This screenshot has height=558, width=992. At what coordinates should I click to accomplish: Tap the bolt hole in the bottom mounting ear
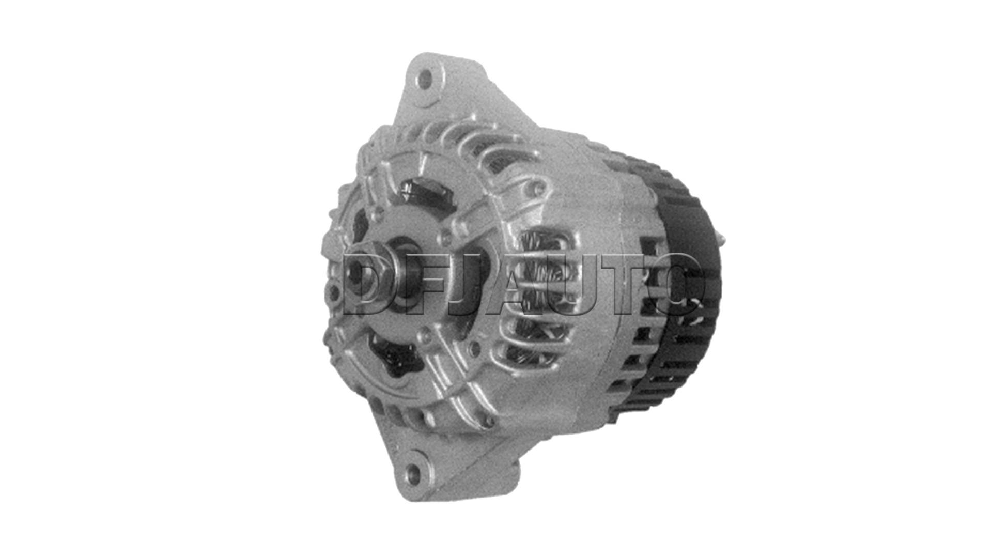pyautogui.click(x=413, y=472)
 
